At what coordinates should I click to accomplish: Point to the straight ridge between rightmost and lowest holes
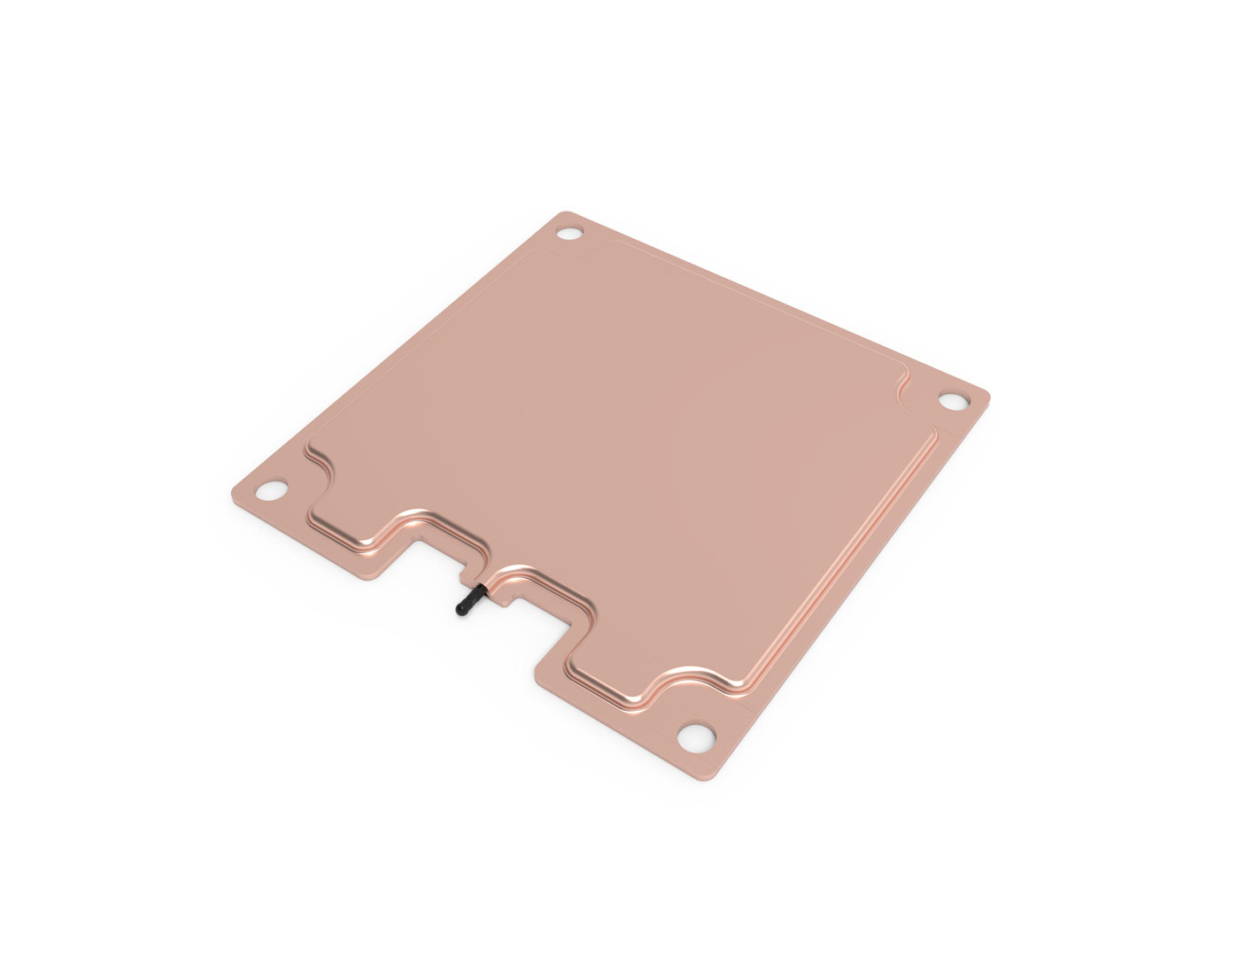pos(841,558)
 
